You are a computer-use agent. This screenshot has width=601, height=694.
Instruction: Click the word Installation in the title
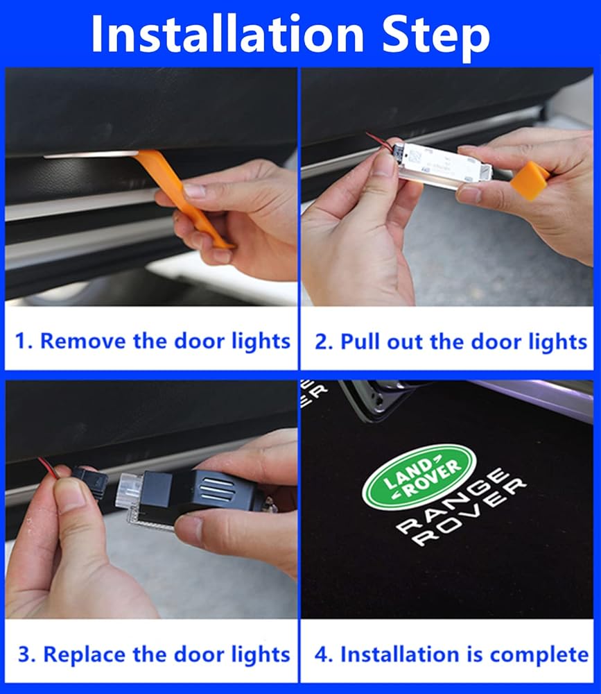[x=227, y=33]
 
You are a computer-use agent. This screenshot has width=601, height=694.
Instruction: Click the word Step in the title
[x=435, y=36]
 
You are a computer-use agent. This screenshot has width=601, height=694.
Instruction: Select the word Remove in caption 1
[x=83, y=341]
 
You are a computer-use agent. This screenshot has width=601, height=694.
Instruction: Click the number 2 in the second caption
[x=322, y=342]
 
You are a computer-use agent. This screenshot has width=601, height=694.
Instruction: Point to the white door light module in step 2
[x=443, y=164]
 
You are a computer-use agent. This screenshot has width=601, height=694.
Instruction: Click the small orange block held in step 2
[x=530, y=179]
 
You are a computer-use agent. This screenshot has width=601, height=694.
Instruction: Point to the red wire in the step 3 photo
[x=49, y=467]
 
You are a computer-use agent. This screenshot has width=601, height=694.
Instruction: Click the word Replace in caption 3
[x=84, y=654]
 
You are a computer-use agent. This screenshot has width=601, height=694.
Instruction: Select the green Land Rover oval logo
[x=419, y=476]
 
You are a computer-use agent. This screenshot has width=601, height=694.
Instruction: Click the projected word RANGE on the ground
[x=451, y=500]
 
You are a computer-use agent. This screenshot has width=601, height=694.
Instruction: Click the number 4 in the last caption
[x=322, y=655]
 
